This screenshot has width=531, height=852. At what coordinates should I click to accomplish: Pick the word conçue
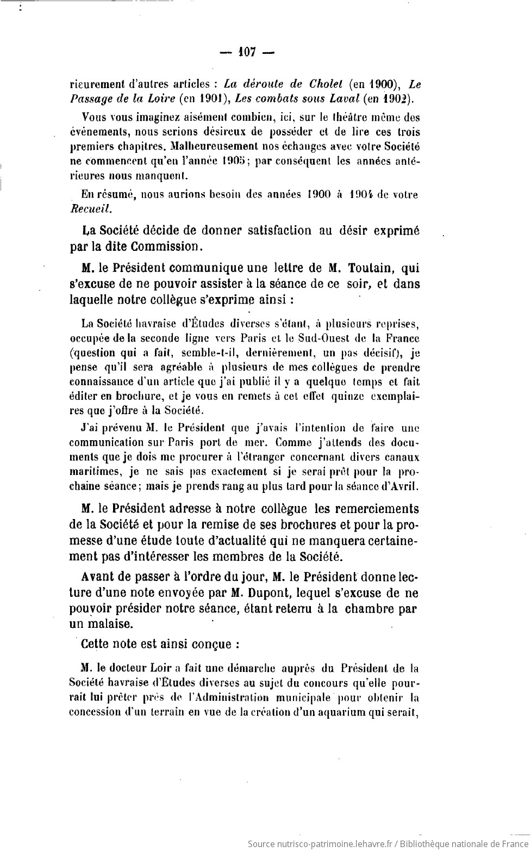213,644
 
